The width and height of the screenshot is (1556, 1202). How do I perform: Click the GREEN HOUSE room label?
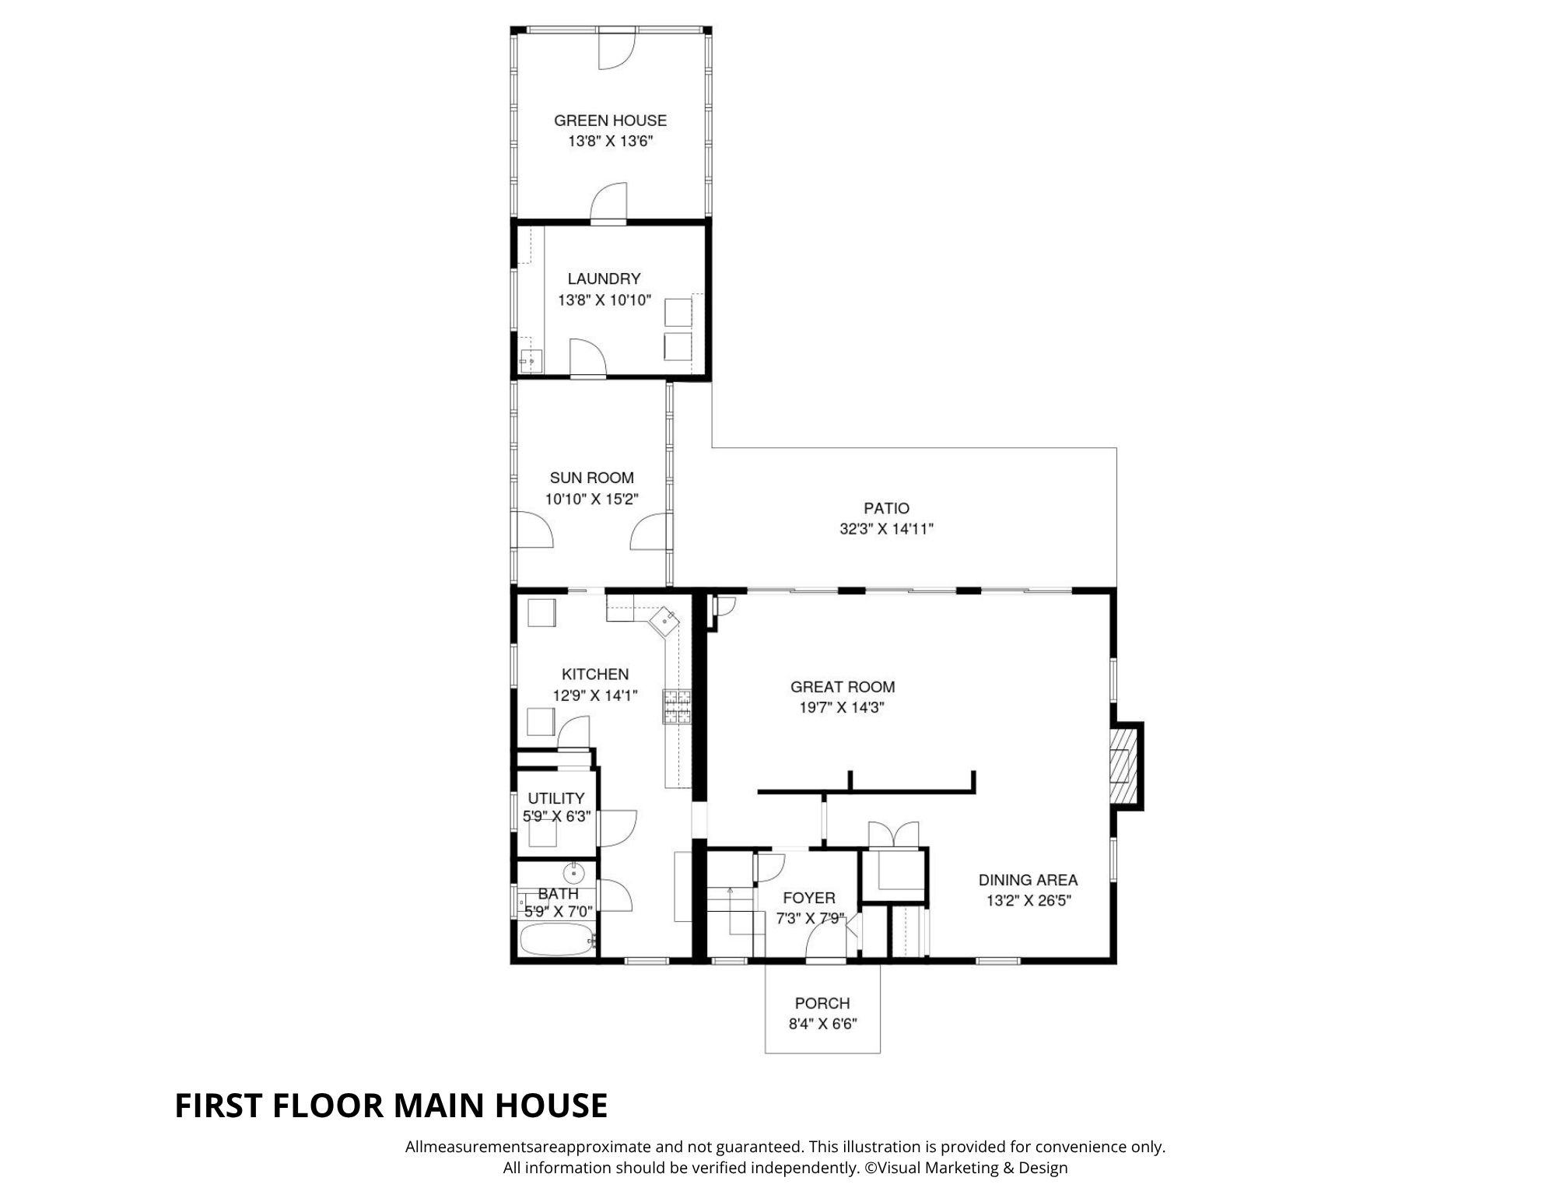[610, 121]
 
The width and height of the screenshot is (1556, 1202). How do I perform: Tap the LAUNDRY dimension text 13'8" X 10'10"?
[604, 300]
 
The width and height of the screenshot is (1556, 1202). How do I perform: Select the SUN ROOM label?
[591, 478]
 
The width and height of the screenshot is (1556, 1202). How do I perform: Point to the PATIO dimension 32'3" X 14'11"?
[886, 529]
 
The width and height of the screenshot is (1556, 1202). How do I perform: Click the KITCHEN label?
[595, 675]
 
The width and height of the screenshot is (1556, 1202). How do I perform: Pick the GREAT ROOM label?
[843, 687]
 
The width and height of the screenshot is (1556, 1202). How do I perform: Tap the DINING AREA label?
[1028, 880]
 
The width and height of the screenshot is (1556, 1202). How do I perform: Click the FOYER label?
[809, 898]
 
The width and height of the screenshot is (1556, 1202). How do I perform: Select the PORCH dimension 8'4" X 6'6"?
[822, 1025]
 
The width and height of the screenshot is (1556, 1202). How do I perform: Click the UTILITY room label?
[555, 798]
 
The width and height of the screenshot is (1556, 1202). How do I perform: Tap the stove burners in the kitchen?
[677, 706]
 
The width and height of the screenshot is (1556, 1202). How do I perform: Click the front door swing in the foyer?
[825, 942]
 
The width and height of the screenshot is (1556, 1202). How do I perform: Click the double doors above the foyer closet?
[894, 833]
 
